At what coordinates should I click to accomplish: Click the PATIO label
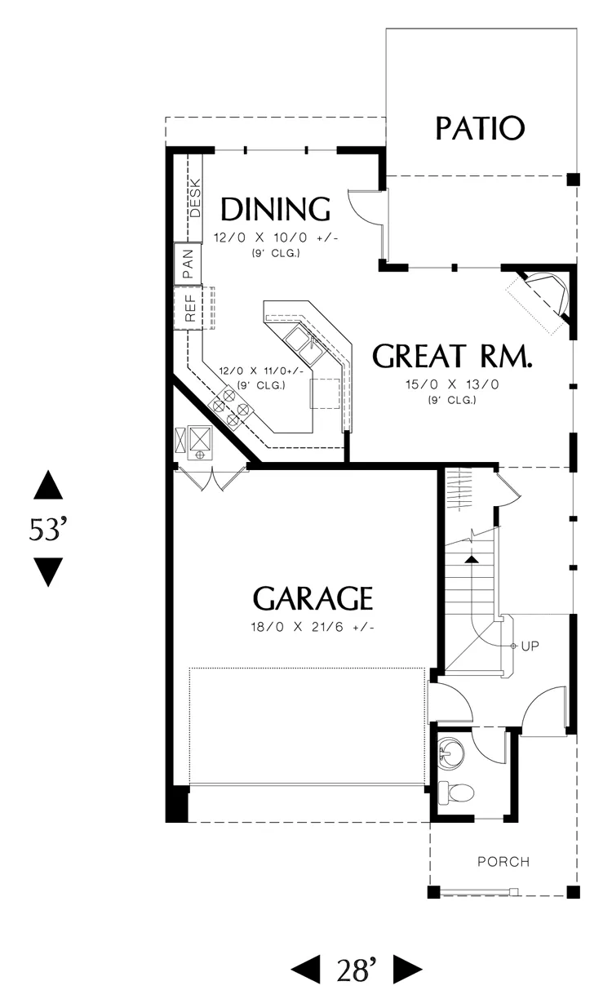click(480, 128)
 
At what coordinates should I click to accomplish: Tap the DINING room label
click(276, 209)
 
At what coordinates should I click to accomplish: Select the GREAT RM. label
click(452, 356)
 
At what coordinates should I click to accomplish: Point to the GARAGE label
click(313, 598)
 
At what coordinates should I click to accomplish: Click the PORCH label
click(503, 862)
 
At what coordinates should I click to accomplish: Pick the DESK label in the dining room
click(195, 198)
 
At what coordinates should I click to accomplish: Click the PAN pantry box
click(188, 264)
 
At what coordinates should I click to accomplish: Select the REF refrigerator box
click(188, 309)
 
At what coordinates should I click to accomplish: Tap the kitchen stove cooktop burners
click(230, 407)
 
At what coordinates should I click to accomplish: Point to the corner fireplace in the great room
click(543, 297)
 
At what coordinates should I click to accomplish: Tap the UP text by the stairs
click(530, 646)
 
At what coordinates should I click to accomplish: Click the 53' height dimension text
click(47, 529)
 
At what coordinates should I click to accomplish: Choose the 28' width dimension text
click(357, 970)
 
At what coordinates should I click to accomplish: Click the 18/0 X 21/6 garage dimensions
click(313, 627)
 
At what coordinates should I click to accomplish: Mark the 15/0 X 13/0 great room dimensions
click(452, 384)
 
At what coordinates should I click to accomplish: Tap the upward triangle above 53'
click(48, 485)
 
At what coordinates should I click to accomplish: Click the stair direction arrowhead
click(472, 559)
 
